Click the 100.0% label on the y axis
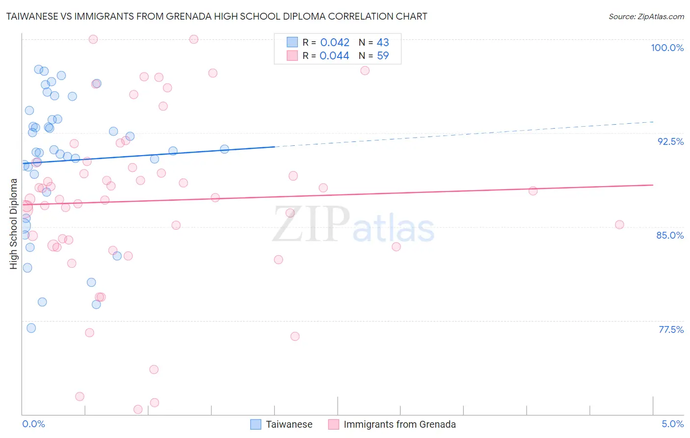[x=667, y=48]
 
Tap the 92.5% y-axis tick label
[x=670, y=141]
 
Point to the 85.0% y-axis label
[x=670, y=235]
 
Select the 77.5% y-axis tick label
[x=671, y=329]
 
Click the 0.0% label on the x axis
[x=33, y=424]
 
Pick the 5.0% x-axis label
[x=672, y=424]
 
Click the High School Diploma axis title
[x=14, y=224]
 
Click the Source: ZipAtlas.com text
[x=646, y=16]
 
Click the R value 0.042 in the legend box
[x=335, y=43]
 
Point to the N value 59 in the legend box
[x=383, y=56]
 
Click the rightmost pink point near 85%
[x=619, y=225]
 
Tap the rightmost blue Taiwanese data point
[x=224, y=149]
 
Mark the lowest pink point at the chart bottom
[x=138, y=410]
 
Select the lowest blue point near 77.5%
[x=31, y=328]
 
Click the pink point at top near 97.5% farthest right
[x=365, y=71]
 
